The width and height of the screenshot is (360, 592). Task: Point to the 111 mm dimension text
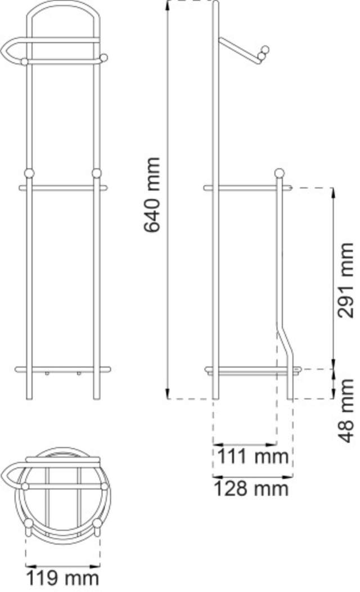point(253,456)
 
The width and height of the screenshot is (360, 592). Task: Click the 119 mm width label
point(62,577)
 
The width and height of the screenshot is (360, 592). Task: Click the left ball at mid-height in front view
point(29,173)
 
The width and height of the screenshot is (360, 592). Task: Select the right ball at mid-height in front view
point(96,173)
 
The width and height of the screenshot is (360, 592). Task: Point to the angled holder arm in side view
point(239,52)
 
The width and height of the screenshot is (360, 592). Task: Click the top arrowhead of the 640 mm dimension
point(168,5)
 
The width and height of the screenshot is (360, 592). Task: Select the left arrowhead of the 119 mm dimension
point(29,565)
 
